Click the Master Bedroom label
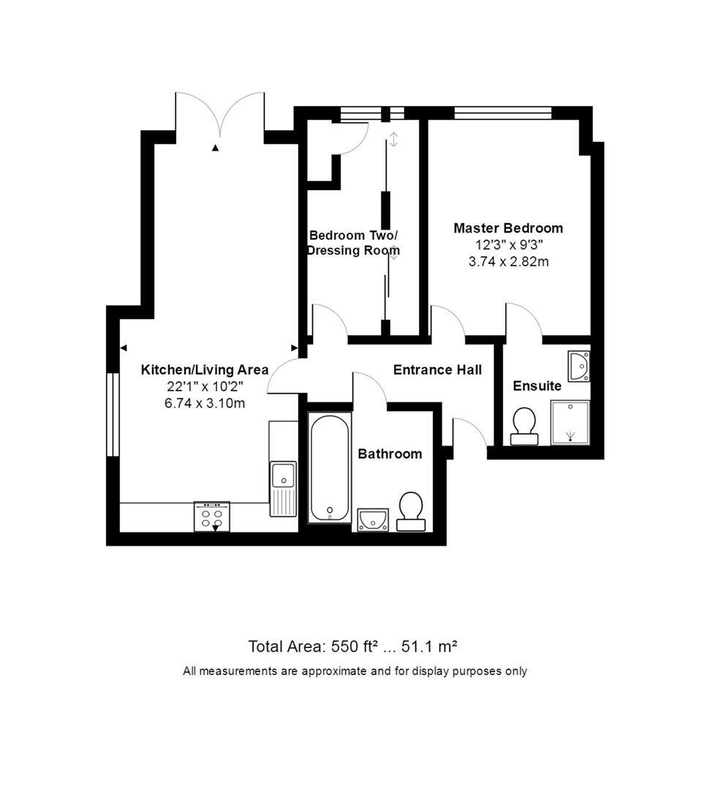(508, 228)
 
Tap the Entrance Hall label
(437, 370)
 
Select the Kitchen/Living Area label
(205, 370)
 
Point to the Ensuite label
(537, 386)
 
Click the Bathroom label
(390, 454)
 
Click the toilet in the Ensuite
(524, 426)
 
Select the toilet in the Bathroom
(411, 511)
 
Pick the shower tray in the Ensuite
(570, 422)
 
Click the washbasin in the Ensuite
(579, 366)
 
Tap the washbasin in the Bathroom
(373, 520)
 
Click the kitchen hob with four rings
(212, 516)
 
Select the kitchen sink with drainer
(283, 489)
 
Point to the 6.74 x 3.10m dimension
(205, 403)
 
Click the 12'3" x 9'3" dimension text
(509, 245)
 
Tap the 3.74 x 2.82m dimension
(509, 261)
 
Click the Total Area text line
(352, 646)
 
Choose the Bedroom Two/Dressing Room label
(353, 243)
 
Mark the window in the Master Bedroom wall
(502, 113)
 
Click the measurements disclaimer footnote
(355, 671)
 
